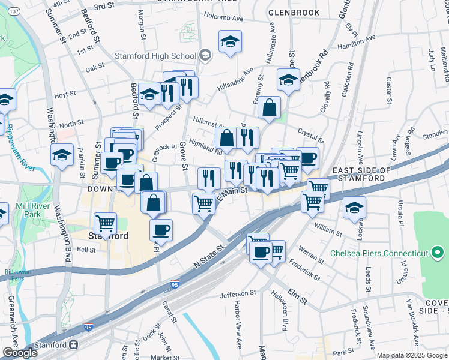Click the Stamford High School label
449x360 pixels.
[x=155, y=56]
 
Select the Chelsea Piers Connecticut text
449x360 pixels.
[x=379, y=253]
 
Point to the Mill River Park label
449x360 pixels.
[x=36, y=209]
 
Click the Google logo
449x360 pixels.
[x=19, y=352]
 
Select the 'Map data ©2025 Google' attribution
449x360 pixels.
[x=411, y=355]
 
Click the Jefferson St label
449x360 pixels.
[x=238, y=293]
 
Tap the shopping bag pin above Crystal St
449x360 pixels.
[x=270, y=107]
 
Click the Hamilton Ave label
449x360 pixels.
[x=357, y=41]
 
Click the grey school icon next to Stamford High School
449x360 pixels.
[x=205, y=56]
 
